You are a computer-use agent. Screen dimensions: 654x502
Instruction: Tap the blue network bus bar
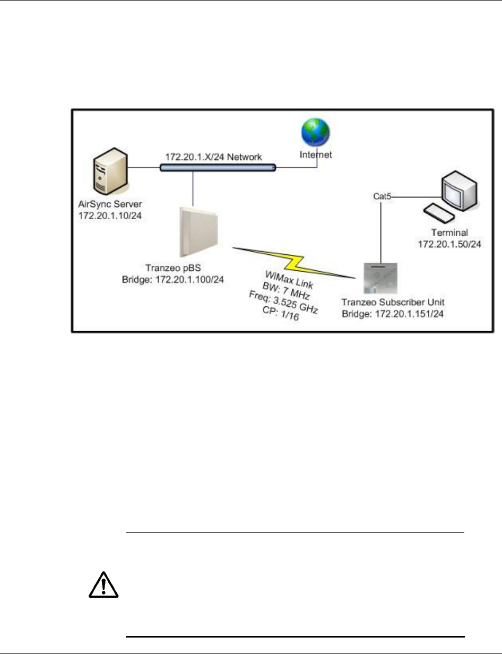coord(218,168)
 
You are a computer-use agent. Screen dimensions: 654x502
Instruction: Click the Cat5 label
coord(381,197)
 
